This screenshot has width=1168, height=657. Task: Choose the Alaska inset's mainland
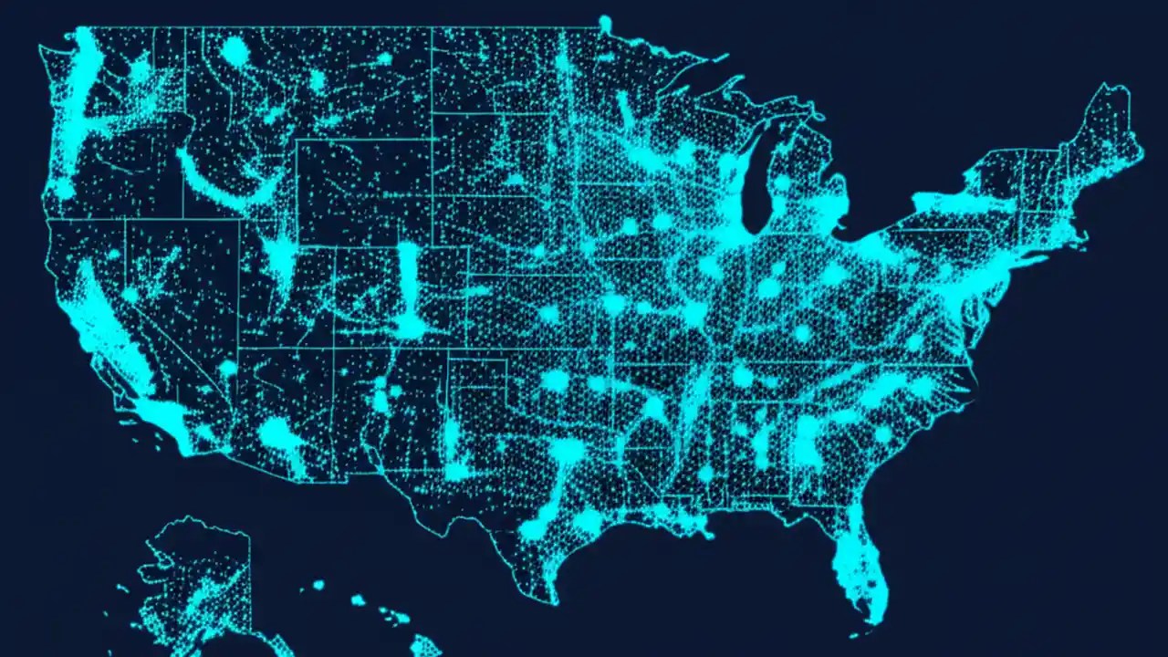[196, 575]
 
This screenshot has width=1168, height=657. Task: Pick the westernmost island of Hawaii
[318, 585]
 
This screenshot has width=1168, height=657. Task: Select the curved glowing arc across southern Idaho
[224, 182]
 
